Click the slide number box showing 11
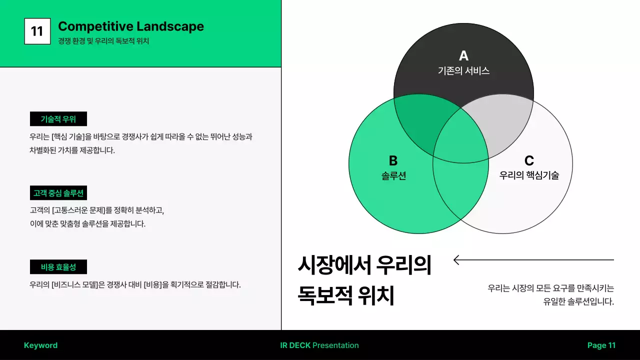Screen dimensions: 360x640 tap(37, 31)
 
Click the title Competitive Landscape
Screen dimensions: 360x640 tap(131, 26)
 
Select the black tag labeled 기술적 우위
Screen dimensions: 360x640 tap(58, 119)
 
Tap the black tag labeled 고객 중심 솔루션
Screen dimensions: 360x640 tap(58, 193)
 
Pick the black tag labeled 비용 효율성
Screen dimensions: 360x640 tap(58, 267)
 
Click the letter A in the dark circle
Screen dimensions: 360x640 tap(463, 55)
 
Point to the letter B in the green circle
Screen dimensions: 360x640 tap(393, 160)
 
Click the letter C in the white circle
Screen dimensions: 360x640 tap(529, 160)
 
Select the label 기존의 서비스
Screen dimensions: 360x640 tap(463, 71)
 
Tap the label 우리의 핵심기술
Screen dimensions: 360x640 tap(529, 175)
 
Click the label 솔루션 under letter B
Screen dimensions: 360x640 tap(393, 175)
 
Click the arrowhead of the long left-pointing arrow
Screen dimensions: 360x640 tap(456, 259)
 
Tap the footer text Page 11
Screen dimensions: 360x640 tap(601, 345)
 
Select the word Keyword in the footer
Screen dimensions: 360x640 tap(40, 345)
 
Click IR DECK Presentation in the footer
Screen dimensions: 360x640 tap(319, 345)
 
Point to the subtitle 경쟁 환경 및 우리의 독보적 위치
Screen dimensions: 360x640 tap(103, 41)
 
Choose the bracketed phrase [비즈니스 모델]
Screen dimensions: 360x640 tap(74, 285)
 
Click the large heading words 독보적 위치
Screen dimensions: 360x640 tap(346, 295)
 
